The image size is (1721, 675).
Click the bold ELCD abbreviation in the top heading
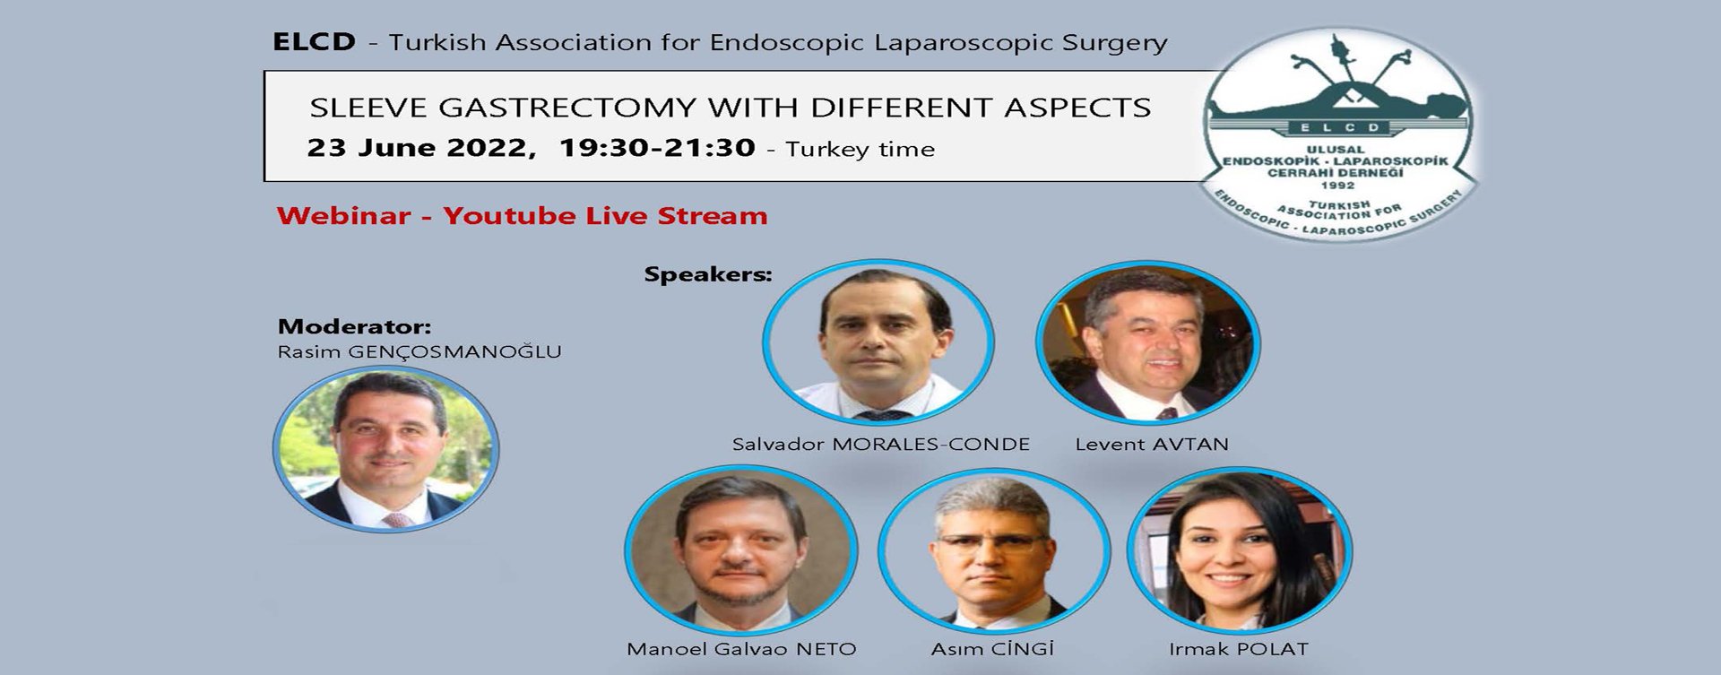point(314,42)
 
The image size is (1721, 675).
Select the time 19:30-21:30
point(657,148)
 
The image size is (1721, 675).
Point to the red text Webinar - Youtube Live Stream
point(523,216)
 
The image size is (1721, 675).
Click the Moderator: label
point(354,326)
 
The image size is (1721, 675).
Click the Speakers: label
point(708,274)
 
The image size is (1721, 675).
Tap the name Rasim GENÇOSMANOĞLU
point(419,351)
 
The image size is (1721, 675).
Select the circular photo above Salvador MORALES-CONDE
point(878,342)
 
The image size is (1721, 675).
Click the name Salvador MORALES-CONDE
point(881,444)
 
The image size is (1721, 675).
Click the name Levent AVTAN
point(1152,444)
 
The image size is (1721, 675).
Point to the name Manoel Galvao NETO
point(741,649)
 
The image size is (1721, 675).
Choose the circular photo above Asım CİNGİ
point(993,550)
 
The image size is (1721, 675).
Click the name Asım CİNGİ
point(992,649)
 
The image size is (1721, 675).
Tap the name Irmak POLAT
point(1239,649)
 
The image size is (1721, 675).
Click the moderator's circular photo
point(386,449)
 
